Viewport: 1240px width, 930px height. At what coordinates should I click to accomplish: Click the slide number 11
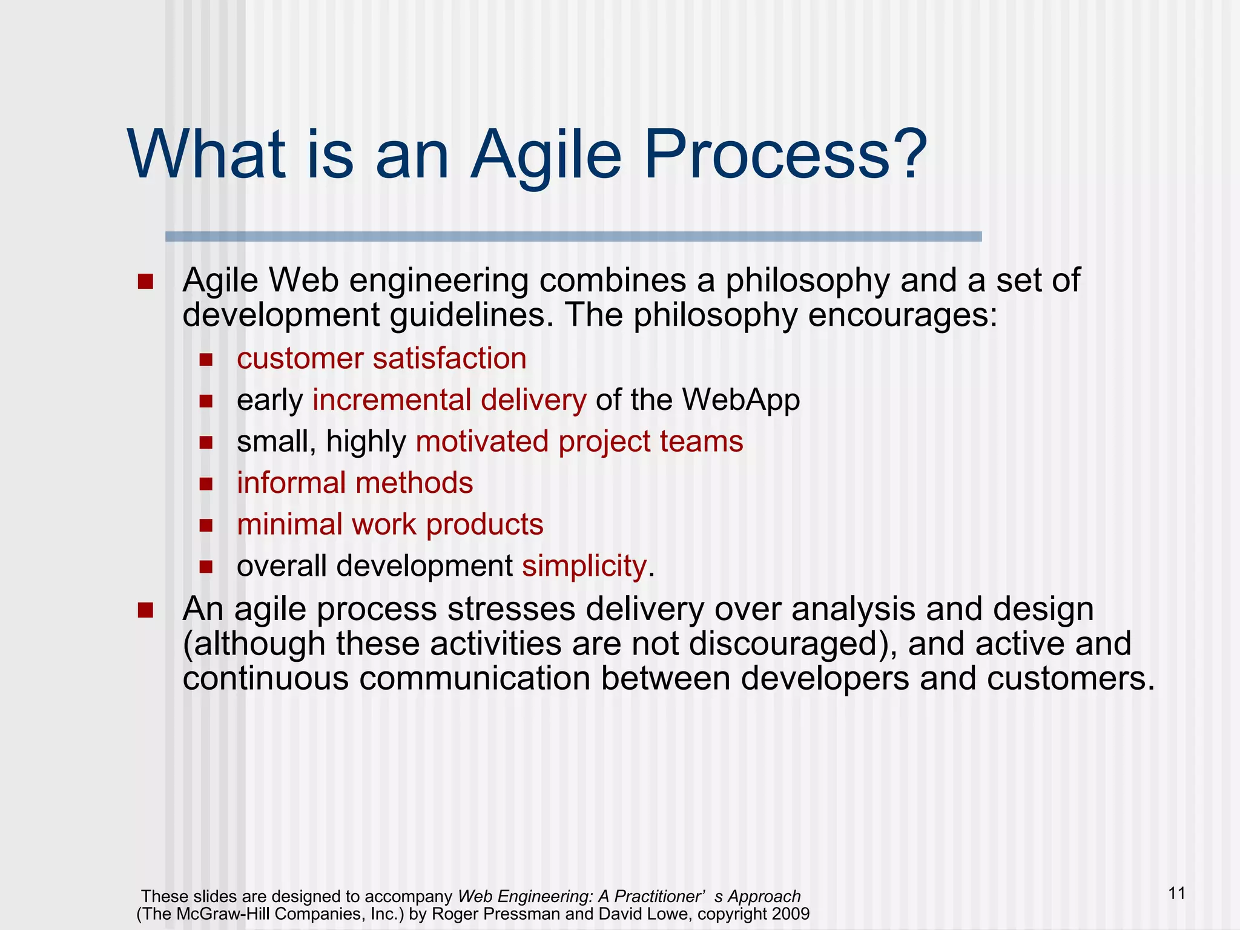tap(1176, 893)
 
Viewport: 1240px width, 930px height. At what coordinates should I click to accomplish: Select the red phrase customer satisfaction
tap(381, 358)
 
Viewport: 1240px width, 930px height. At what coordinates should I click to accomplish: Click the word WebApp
tap(741, 400)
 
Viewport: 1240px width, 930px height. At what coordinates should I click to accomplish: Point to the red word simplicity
tap(584, 566)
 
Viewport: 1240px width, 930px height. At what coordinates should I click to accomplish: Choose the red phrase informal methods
tap(355, 483)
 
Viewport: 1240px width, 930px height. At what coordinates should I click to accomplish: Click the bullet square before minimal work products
tap(206, 525)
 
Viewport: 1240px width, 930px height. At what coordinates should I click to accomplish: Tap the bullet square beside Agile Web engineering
tap(145, 282)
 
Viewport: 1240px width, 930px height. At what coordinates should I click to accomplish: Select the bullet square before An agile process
tap(145, 610)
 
